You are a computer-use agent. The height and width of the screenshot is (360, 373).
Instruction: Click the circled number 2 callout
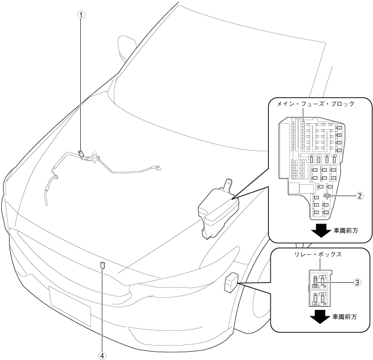point(360,196)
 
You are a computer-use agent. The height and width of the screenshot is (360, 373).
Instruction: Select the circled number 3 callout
point(357,282)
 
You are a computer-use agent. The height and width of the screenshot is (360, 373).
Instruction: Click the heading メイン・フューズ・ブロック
point(316,103)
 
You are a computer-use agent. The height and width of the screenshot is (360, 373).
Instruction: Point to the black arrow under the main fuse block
point(322,230)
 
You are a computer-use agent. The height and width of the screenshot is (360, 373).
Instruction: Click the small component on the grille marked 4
point(102,265)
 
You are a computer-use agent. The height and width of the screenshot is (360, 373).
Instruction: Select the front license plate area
point(69,303)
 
